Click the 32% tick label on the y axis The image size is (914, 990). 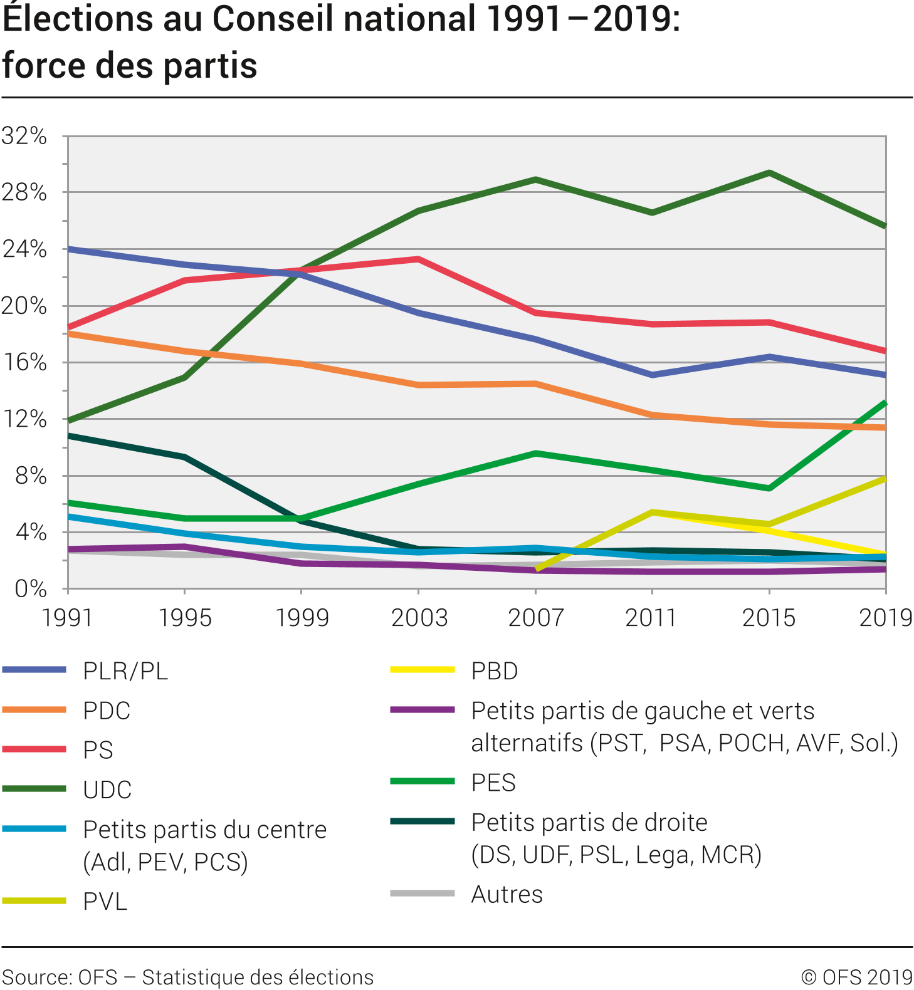[24, 136]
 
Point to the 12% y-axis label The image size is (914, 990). [24, 419]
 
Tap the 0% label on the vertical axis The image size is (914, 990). [31, 589]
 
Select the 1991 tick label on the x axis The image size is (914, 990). [67, 618]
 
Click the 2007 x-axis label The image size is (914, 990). [535, 618]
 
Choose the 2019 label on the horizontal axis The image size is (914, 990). [885, 618]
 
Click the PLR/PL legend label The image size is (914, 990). [125, 671]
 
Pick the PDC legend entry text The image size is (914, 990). [107, 711]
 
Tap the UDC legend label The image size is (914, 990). [107, 789]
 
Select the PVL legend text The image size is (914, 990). [105, 901]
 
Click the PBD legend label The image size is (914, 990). [495, 671]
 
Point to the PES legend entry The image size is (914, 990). [493, 783]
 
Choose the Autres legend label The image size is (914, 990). [507, 894]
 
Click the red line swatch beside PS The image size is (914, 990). [34, 749]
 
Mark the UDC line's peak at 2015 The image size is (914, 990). [769, 172]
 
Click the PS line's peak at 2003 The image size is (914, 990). [418, 259]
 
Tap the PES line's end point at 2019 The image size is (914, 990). [885, 403]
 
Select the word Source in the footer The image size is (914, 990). [36, 977]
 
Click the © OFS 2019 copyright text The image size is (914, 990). [856, 977]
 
